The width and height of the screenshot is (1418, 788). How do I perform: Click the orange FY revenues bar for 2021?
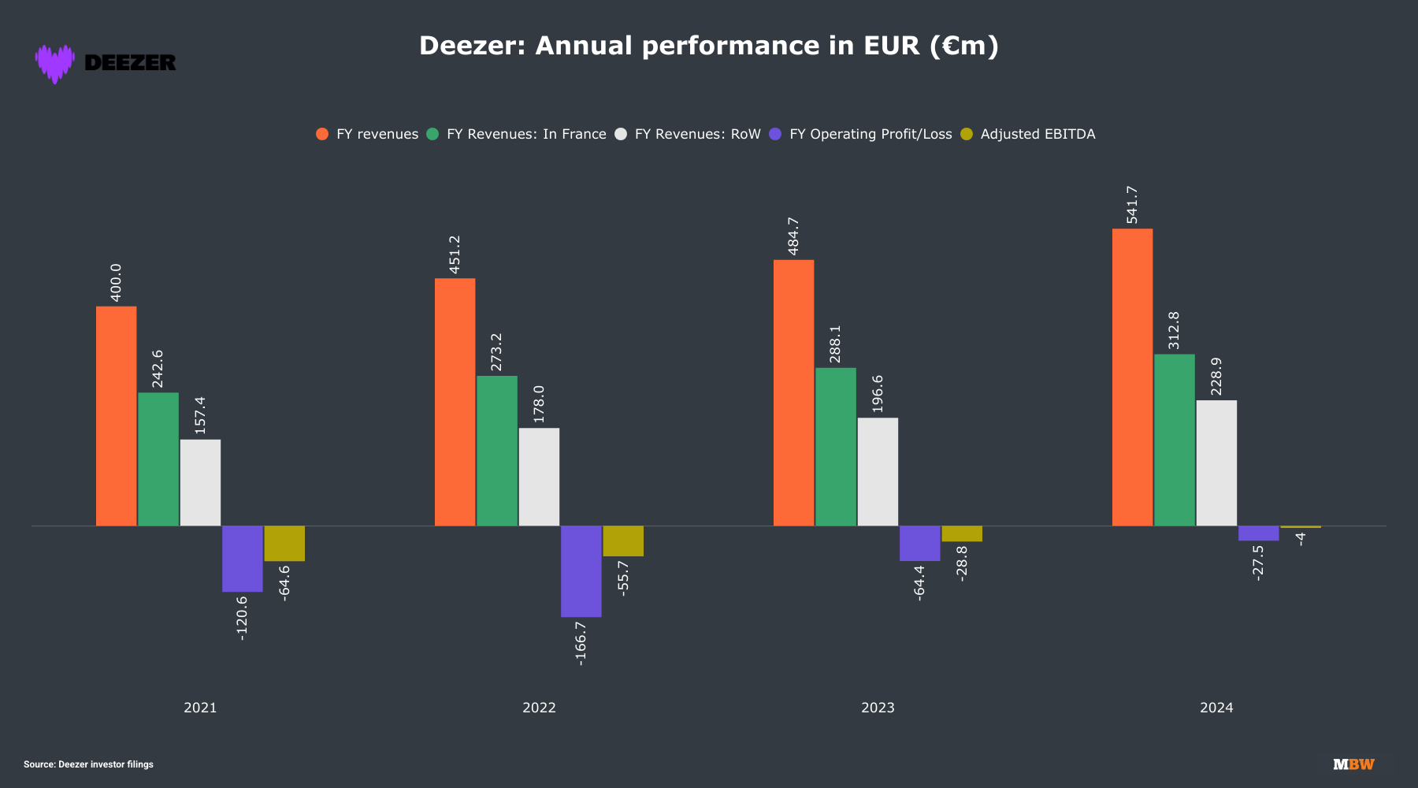pos(116,416)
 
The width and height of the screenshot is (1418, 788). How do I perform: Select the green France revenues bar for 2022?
pos(497,451)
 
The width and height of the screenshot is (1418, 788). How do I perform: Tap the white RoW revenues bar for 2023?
pos(878,471)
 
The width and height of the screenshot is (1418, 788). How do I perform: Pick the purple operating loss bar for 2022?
pos(581,571)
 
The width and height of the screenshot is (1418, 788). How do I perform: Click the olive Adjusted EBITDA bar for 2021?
pos(284,544)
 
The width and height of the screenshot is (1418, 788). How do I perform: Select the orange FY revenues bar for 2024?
pos(1132,377)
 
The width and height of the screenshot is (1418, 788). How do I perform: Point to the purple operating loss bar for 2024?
pos(1258,533)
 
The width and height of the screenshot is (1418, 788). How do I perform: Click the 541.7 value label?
pos(1132,205)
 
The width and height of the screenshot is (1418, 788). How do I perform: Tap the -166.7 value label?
pos(581,643)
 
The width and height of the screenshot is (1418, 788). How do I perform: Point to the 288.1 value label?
pos(835,344)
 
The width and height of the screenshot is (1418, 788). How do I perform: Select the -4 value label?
pos(1301,539)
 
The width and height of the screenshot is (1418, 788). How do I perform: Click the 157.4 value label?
pos(200,415)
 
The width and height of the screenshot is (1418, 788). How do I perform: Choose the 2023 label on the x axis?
pos(878,708)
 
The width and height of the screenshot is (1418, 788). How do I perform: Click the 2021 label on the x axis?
pos(200,708)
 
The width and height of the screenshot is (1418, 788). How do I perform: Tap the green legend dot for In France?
pos(432,134)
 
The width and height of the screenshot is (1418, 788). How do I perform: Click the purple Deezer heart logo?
pos(54,63)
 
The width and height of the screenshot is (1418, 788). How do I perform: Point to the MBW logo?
pos(1353,764)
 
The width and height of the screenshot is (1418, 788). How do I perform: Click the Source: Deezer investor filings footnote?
pos(88,764)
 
